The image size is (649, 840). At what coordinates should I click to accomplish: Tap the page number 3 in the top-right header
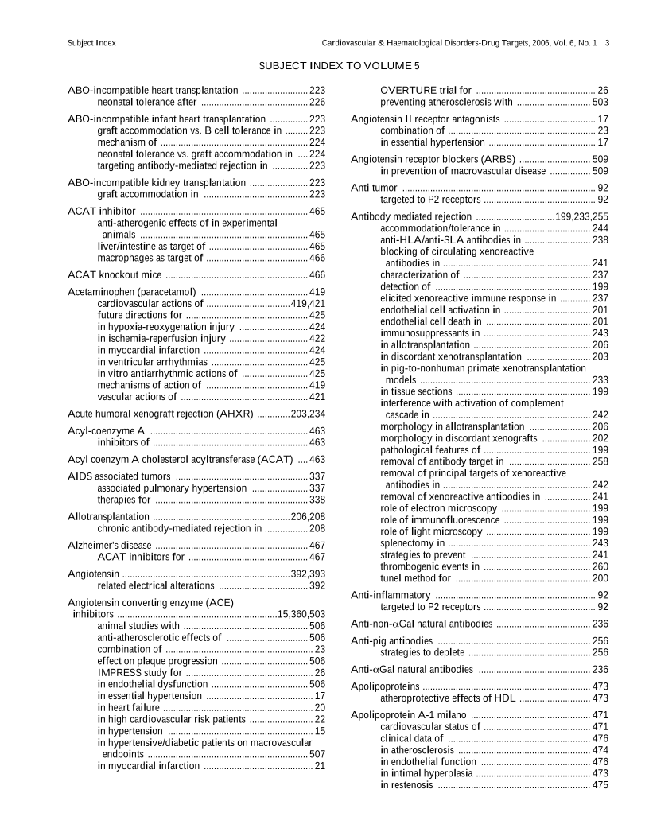pyautogui.click(x=607, y=42)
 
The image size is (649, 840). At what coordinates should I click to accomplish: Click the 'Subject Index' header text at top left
pyautogui.click(x=92, y=42)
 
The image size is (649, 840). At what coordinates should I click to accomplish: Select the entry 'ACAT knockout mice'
pyautogui.click(x=115, y=274)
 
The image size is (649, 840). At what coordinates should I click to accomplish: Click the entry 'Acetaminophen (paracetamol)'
pyautogui.click(x=132, y=292)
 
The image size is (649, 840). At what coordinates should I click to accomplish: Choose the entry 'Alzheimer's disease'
pyautogui.click(x=110, y=545)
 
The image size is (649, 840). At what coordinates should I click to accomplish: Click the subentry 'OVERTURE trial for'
pyautogui.click(x=426, y=91)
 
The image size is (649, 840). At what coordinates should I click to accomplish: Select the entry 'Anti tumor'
pyautogui.click(x=374, y=188)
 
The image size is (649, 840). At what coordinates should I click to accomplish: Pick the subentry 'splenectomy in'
pyautogui.click(x=412, y=542)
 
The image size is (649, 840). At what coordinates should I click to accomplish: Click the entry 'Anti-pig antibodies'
pyautogui.click(x=392, y=640)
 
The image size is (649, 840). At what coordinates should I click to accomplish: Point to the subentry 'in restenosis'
pyautogui.click(x=407, y=784)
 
